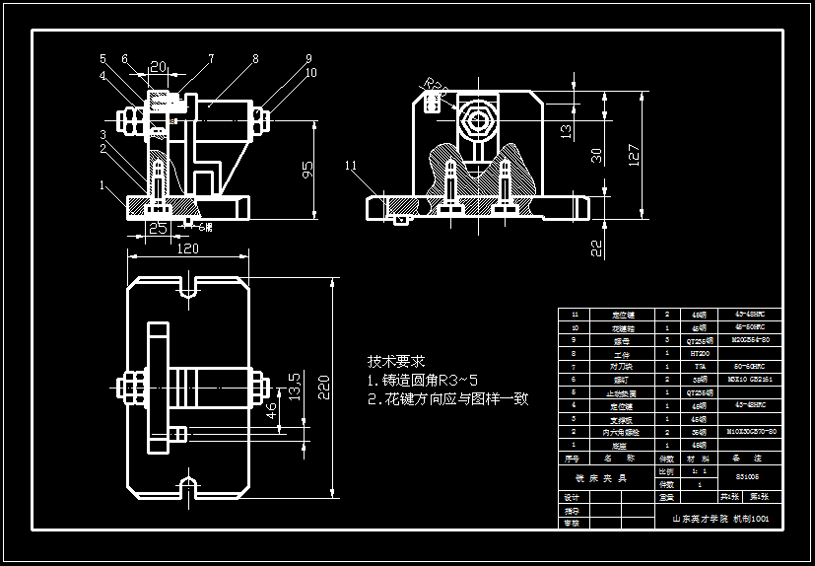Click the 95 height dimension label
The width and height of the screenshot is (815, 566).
point(308,171)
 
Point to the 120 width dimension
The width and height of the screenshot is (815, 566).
point(187,248)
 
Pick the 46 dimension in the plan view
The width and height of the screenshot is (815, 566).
point(272,412)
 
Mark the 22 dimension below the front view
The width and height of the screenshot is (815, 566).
point(596,248)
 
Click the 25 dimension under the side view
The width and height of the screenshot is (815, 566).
point(157,228)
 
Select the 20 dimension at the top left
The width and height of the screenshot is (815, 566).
point(157,67)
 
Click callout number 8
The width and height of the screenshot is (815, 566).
point(255,59)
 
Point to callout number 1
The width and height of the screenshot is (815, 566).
point(102,184)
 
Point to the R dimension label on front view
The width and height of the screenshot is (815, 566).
point(436,88)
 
